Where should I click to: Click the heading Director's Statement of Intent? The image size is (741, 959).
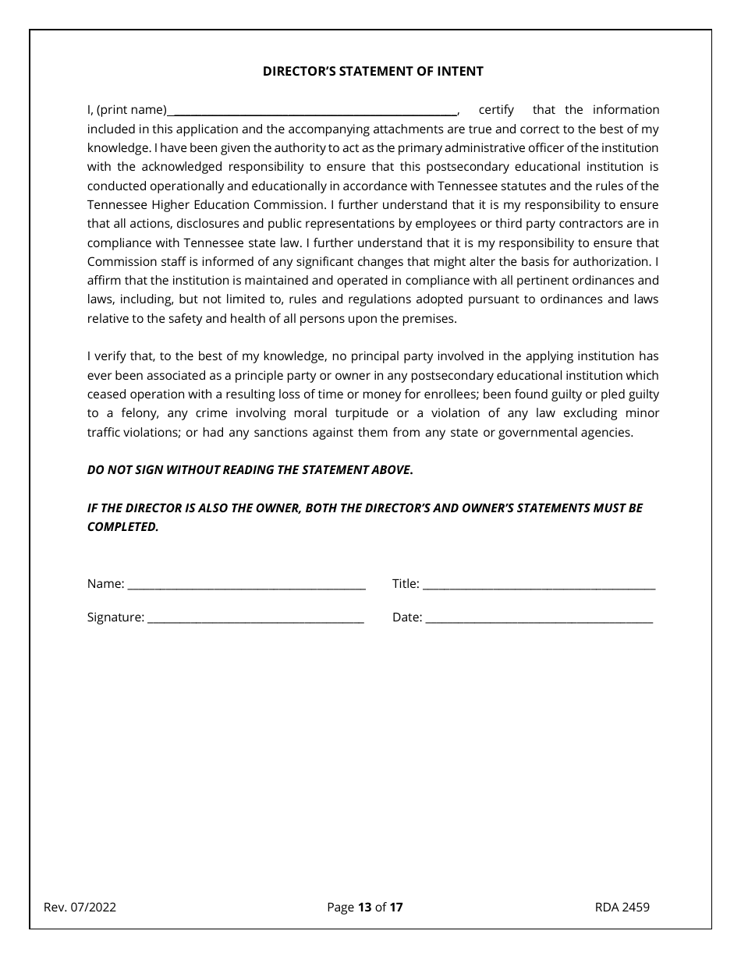tap(373, 71)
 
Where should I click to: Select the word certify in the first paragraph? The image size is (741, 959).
tap(496, 110)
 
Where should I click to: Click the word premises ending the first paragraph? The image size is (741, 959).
tap(428, 318)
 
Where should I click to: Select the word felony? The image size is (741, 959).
tap(128, 413)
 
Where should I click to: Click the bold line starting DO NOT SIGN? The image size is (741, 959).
tap(250, 469)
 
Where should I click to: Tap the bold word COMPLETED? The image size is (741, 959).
tap(122, 526)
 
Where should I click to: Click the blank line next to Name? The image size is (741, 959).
tap(246, 585)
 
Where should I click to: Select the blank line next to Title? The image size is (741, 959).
tap(538, 585)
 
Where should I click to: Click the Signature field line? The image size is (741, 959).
tap(255, 618)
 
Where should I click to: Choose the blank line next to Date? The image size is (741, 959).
tap(539, 618)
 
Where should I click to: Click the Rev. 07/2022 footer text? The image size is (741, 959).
tap(80, 907)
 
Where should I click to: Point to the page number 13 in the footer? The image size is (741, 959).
tap(364, 907)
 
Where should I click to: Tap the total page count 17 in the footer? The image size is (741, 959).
tap(396, 907)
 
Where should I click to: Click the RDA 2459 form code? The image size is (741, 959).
tap(622, 907)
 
